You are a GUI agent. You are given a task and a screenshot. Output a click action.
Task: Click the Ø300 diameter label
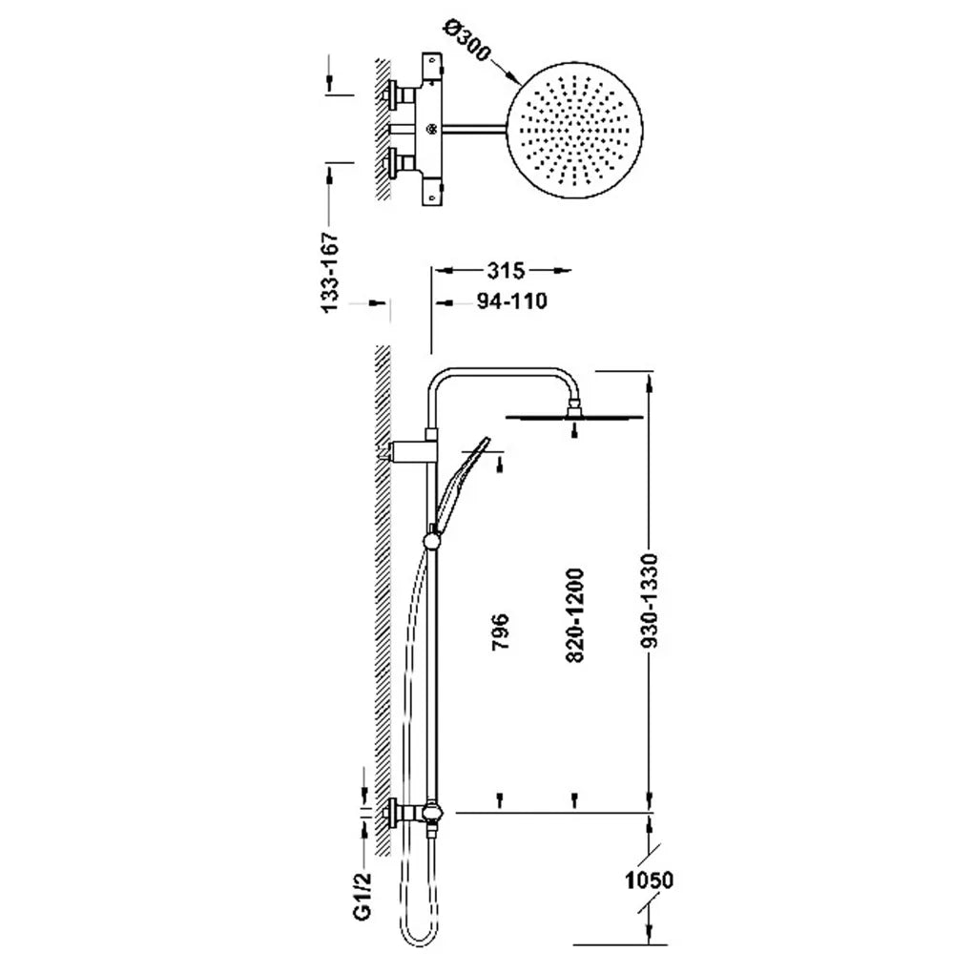(467, 41)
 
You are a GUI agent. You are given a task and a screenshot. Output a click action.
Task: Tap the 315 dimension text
(506, 271)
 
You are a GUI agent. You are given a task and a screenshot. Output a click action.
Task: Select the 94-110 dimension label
(512, 300)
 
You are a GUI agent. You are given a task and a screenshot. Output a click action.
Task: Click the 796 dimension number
(500, 631)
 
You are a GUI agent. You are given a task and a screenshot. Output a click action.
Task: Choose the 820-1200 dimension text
(575, 615)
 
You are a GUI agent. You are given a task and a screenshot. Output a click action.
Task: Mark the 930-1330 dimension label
(649, 602)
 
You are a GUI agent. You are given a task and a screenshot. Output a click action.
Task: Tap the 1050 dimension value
(649, 880)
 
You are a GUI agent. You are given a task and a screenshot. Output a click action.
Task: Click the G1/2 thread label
(363, 896)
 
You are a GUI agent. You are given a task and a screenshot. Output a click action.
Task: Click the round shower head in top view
(575, 131)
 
